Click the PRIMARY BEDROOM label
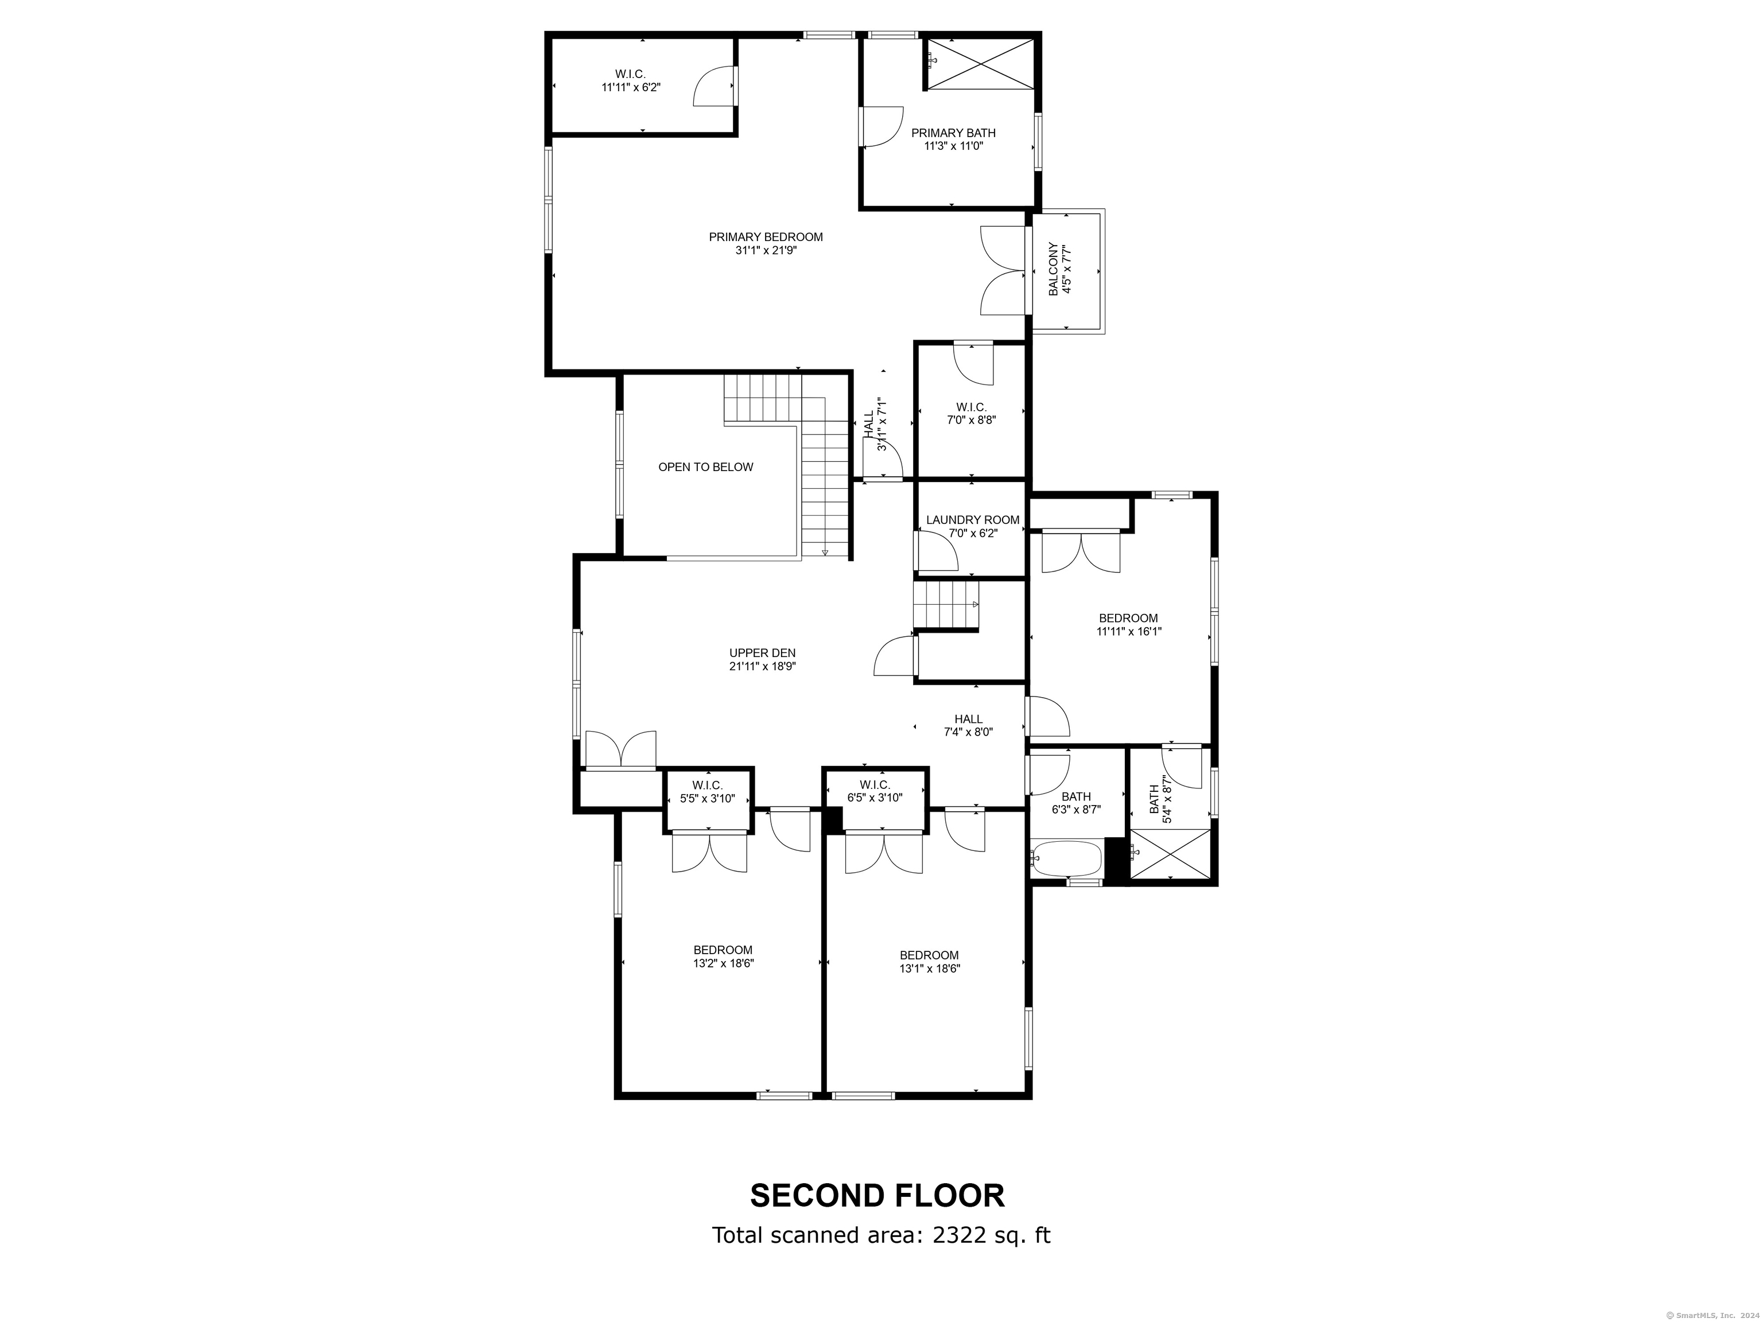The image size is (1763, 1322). pos(765,236)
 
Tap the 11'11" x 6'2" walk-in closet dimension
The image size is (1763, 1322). pos(631,88)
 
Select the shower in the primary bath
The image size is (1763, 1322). pos(982,64)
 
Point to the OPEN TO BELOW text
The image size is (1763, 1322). pos(705,467)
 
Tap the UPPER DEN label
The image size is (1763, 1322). pos(762,652)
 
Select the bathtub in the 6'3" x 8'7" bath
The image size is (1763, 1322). pos(1066,858)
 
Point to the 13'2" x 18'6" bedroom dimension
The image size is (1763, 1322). pos(723,963)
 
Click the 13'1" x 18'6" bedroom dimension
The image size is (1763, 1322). pos(929,968)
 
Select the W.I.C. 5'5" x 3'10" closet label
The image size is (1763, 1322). pos(707,785)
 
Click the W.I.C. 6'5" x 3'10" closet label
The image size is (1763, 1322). pos(875,785)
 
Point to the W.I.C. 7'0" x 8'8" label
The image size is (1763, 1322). pos(971,407)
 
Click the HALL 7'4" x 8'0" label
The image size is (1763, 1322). pos(968,719)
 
